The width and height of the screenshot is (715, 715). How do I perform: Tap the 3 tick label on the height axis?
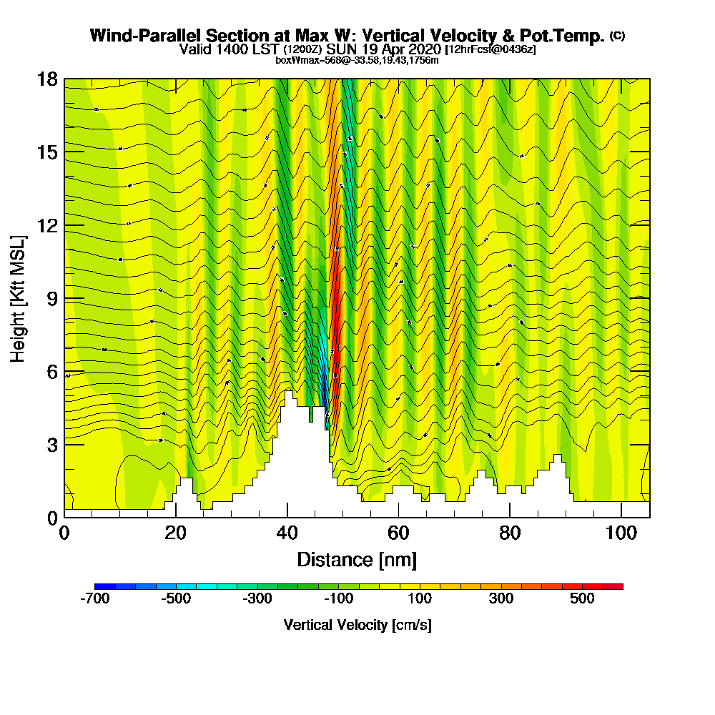point(51,444)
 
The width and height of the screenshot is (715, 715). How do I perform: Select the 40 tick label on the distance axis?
point(287,533)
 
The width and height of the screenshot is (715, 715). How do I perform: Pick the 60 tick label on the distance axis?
point(398,533)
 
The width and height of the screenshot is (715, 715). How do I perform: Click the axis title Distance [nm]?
point(357,559)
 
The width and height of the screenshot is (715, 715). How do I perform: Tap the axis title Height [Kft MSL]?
point(19,297)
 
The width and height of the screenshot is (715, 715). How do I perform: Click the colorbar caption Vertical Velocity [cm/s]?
point(357,625)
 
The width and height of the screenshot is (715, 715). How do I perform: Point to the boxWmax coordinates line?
point(357,60)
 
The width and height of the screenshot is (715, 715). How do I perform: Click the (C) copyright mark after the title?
point(617,35)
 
